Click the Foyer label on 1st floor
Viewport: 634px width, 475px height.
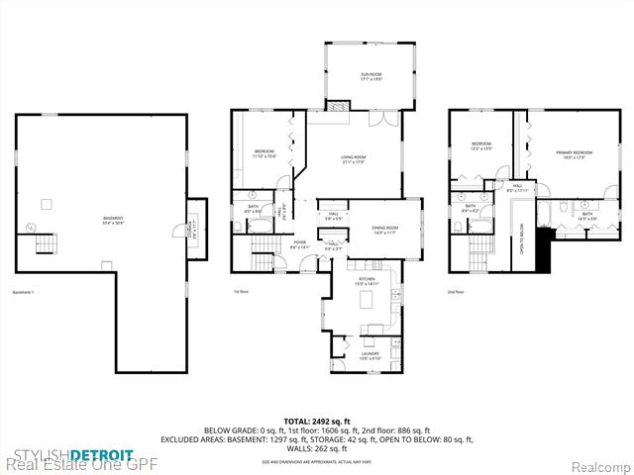[297, 243]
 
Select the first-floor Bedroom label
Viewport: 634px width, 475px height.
[263, 153]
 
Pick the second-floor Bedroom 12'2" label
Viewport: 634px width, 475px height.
[482, 146]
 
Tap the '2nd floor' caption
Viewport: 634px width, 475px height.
[455, 292]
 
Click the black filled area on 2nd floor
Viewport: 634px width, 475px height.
[542, 249]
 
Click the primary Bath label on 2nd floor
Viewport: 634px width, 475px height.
[586, 216]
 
